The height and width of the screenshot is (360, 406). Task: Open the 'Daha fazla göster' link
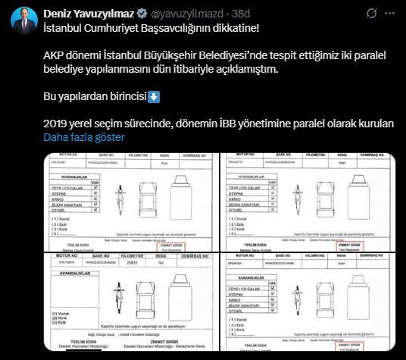pyautogui.click(x=83, y=137)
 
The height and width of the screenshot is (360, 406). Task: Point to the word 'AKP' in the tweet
pyautogui.click(x=55, y=56)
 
